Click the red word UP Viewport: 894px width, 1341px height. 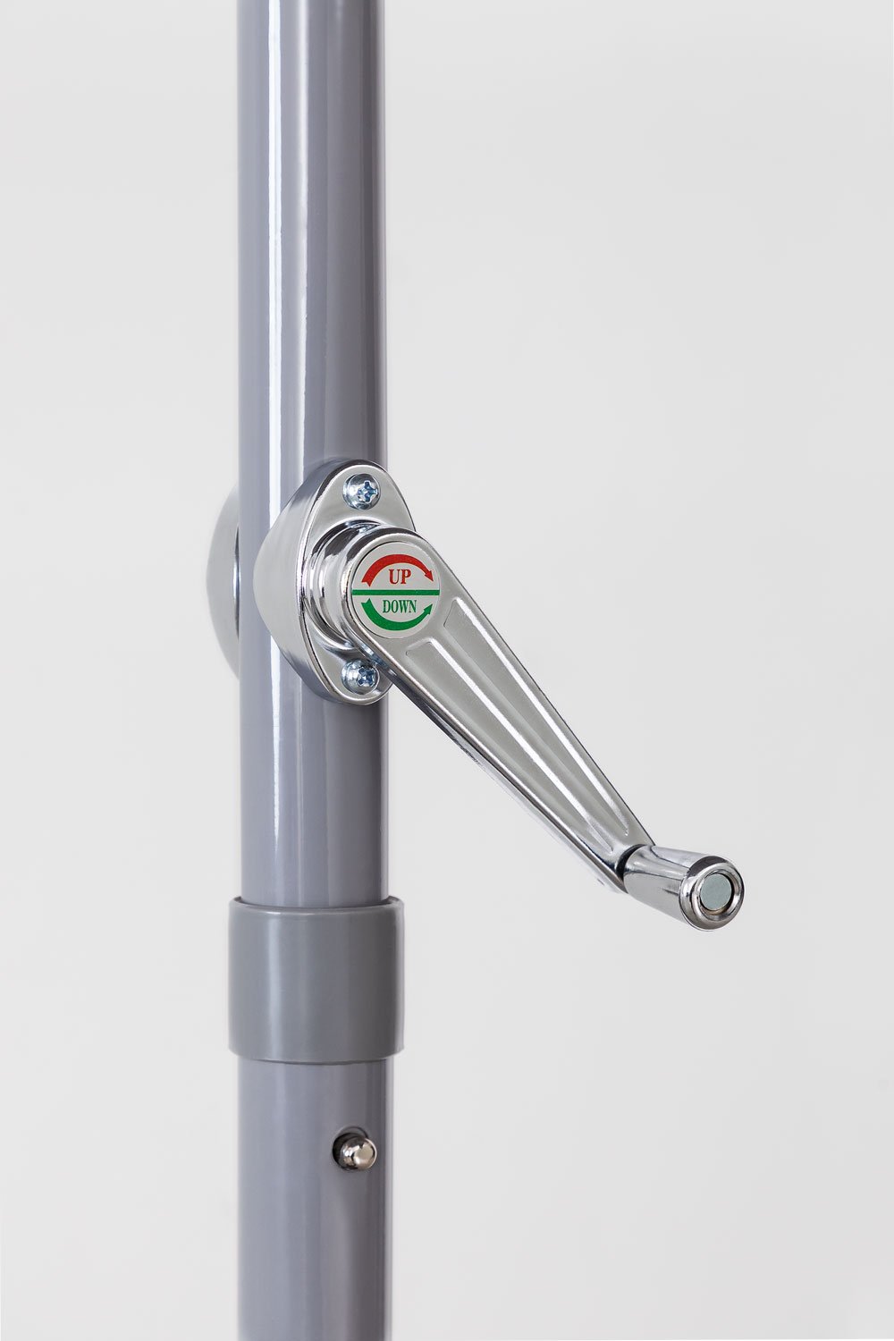[x=397, y=578]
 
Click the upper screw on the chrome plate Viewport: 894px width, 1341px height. [x=365, y=488]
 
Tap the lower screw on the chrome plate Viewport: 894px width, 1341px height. [x=361, y=674]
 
